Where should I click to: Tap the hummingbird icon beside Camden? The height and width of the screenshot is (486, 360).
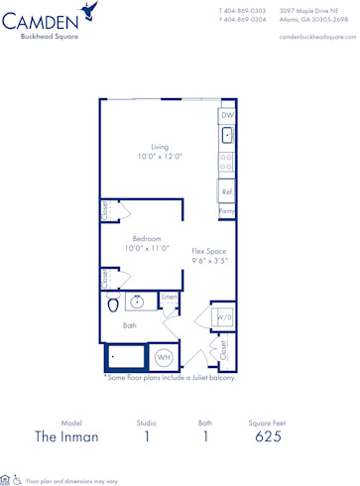click(x=91, y=12)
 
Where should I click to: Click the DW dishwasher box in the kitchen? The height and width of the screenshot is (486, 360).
click(x=226, y=115)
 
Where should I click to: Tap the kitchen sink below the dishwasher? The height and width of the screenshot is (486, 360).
click(x=227, y=136)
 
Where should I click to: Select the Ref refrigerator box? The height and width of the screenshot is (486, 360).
click(x=227, y=192)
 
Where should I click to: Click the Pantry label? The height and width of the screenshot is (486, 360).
click(x=227, y=211)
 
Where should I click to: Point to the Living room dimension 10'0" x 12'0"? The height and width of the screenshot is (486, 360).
click(x=160, y=156)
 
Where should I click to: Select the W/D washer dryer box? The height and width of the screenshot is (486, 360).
click(x=224, y=318)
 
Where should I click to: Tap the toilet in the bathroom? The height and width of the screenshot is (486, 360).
click(x=111, y=304)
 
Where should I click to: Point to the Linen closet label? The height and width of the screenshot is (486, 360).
click(x=170, y=297)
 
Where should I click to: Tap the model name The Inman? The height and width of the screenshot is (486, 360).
click(x=72, y=435)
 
